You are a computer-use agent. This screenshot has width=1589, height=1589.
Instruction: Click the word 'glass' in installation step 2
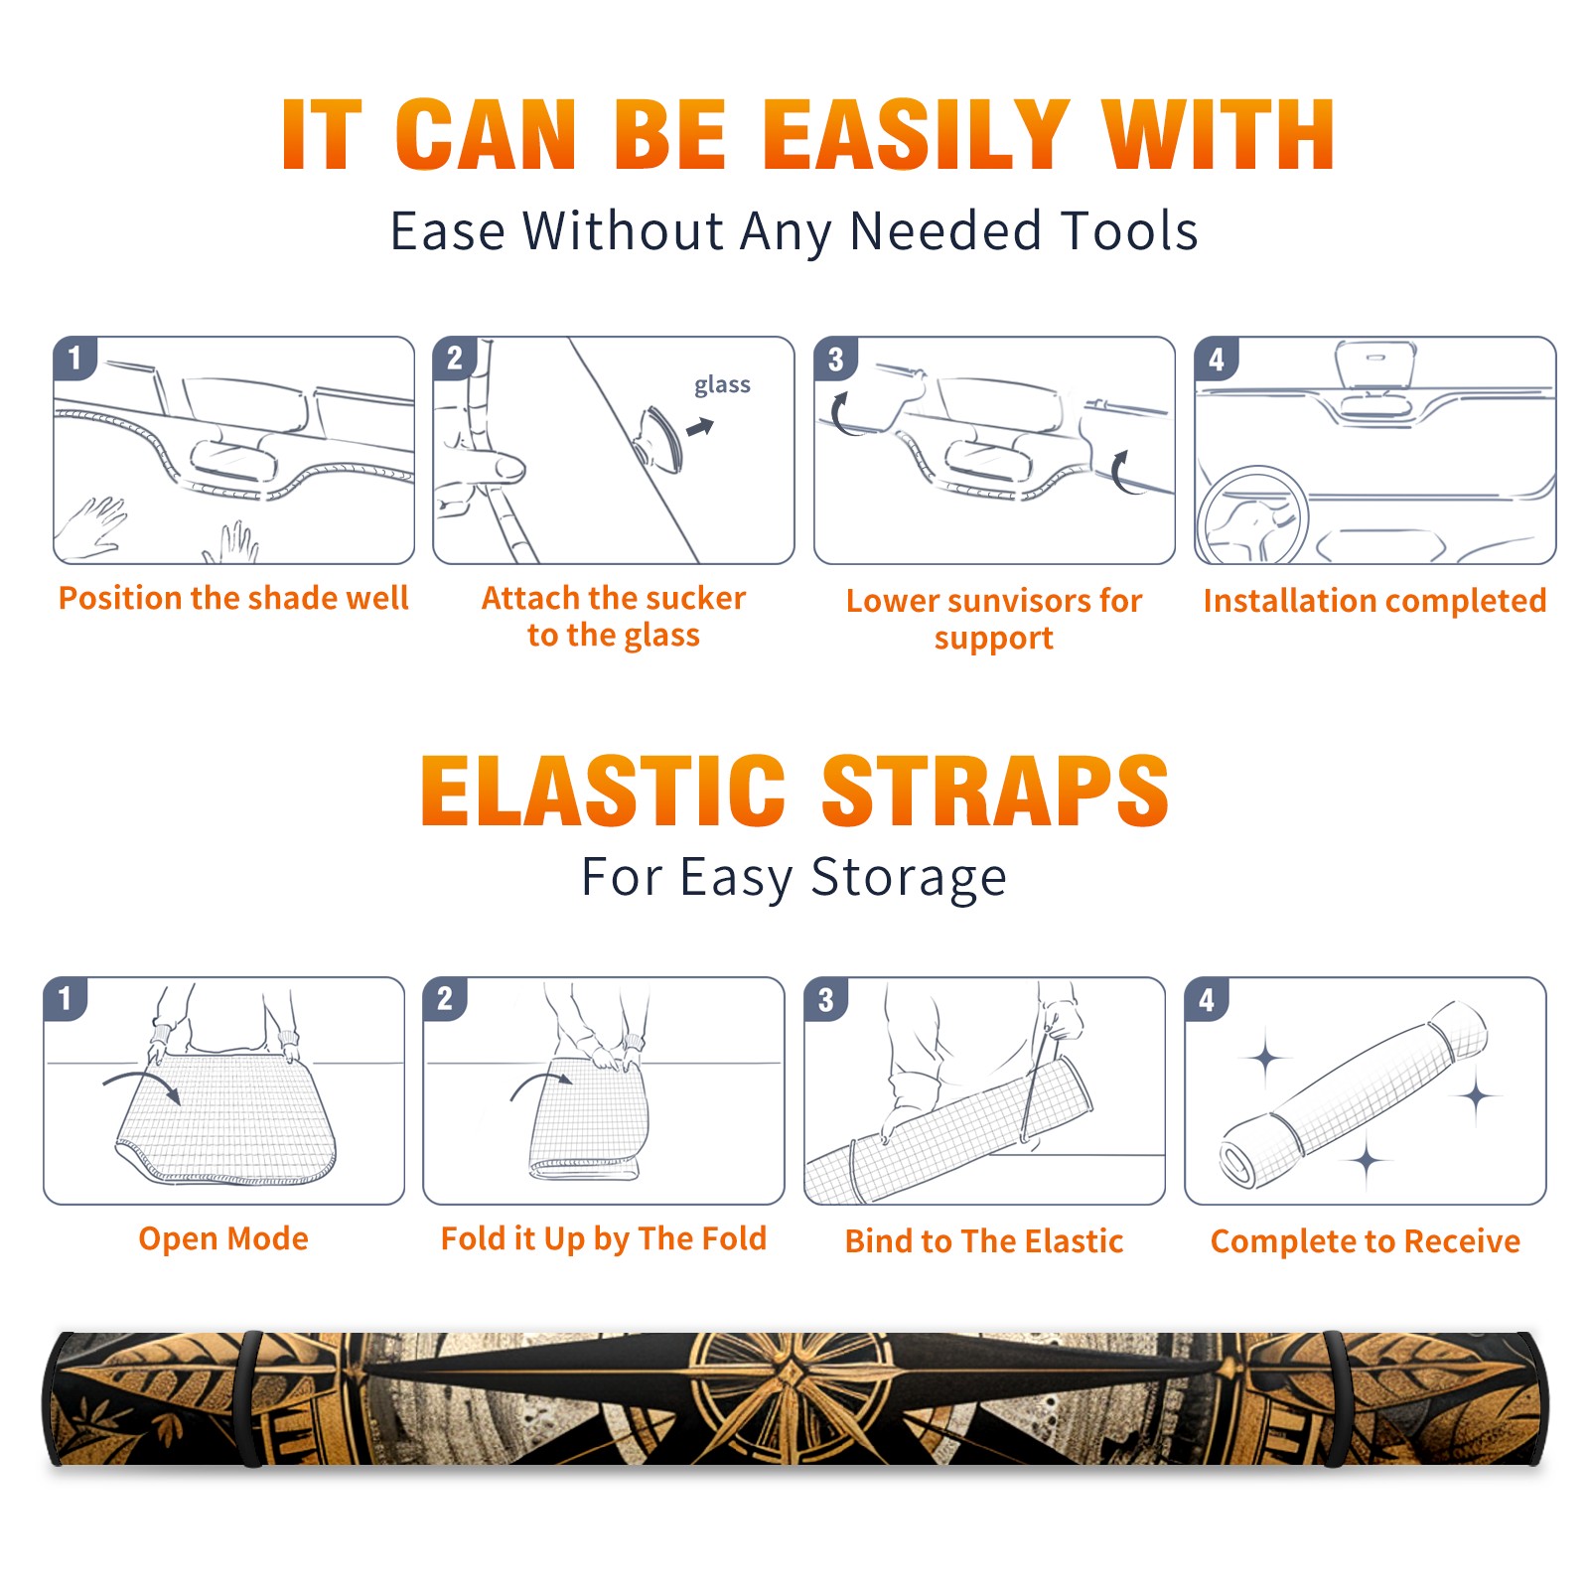click(x=722, y=385)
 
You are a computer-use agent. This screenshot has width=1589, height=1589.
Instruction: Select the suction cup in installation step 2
click(x=660, y=438)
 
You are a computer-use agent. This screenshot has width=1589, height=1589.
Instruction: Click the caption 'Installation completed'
click(x=1374, y=600)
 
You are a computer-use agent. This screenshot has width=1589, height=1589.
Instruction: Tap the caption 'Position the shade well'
click(x=233, y=598)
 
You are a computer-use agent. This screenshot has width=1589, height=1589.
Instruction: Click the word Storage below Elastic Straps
click(x=909, y=878)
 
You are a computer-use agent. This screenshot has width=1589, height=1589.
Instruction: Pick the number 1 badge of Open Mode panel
click(x=66, y=998)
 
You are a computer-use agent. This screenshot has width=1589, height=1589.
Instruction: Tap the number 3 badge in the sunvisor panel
click(x=835, y=359)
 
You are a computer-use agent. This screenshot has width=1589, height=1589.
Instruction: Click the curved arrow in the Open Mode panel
click(x=141, y=1083)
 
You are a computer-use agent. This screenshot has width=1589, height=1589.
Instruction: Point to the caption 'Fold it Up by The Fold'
click(x=604, y=1238)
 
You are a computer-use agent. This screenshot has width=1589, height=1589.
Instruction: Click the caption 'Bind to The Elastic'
click(x=984, y=1241)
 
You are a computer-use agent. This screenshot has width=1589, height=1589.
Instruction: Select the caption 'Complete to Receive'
click(x=1366, y=1241)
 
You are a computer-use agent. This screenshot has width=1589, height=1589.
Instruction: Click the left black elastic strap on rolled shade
click(x=249, y=1398)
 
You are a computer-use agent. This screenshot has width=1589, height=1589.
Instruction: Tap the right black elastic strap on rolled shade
click(x=1336, y=1398)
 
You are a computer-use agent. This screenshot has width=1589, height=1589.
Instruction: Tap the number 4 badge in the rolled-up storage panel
click(x=1207, y=998)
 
